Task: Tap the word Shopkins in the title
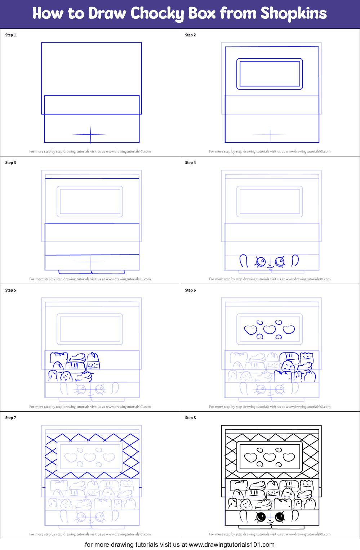coord(293,14)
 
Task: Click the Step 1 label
coord(10,35)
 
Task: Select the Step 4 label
coord(190,163)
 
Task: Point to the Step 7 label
coord(10,418)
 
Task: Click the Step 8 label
coord(190,418)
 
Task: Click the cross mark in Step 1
coord(90,134)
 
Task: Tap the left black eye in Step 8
coord(261,517)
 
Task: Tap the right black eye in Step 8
coord(280,517)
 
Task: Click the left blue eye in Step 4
coord(261,262)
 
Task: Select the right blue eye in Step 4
coord(280,262)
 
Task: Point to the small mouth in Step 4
coord(270,267)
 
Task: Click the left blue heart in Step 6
coord(250,330)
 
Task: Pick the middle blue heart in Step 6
coord(270,329)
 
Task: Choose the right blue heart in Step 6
coord(289,329)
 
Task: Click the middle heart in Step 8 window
coord(270,457)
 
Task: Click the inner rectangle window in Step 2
coord(270,74)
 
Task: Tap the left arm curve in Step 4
coord(244,261)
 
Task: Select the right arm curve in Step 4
coord(295,260)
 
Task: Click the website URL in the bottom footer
coord(231,545)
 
